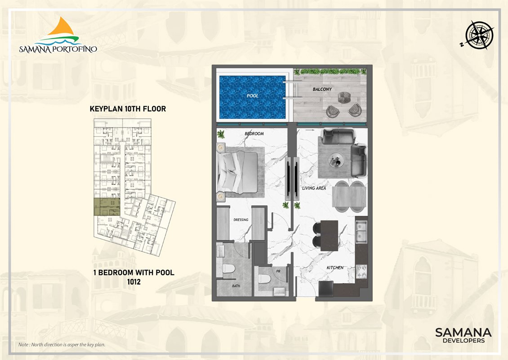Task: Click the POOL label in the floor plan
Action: pos(252,96)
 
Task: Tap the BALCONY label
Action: pos(322,89)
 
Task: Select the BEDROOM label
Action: pos(254,134)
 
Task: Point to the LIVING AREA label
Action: pos(314,188)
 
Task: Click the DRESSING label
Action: pos(241,220)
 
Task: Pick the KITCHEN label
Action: pos(335,268)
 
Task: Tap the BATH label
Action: pos(236,286)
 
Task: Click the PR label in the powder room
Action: pos(278,271)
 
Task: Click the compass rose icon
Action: pos(479,36)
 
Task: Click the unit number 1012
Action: pos(134,282)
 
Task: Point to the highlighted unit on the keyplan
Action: pos(107,207)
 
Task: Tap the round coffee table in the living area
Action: pos(336,161)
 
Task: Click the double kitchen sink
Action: pos(361,232)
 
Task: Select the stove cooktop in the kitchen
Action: pos(361,272)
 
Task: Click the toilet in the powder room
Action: pos(265,279)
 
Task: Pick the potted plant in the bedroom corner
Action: pos(221,134)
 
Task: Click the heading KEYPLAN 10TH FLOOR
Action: pos(128,108)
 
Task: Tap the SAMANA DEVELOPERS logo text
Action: pos(463,335)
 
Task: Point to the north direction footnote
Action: pos(62,344)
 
